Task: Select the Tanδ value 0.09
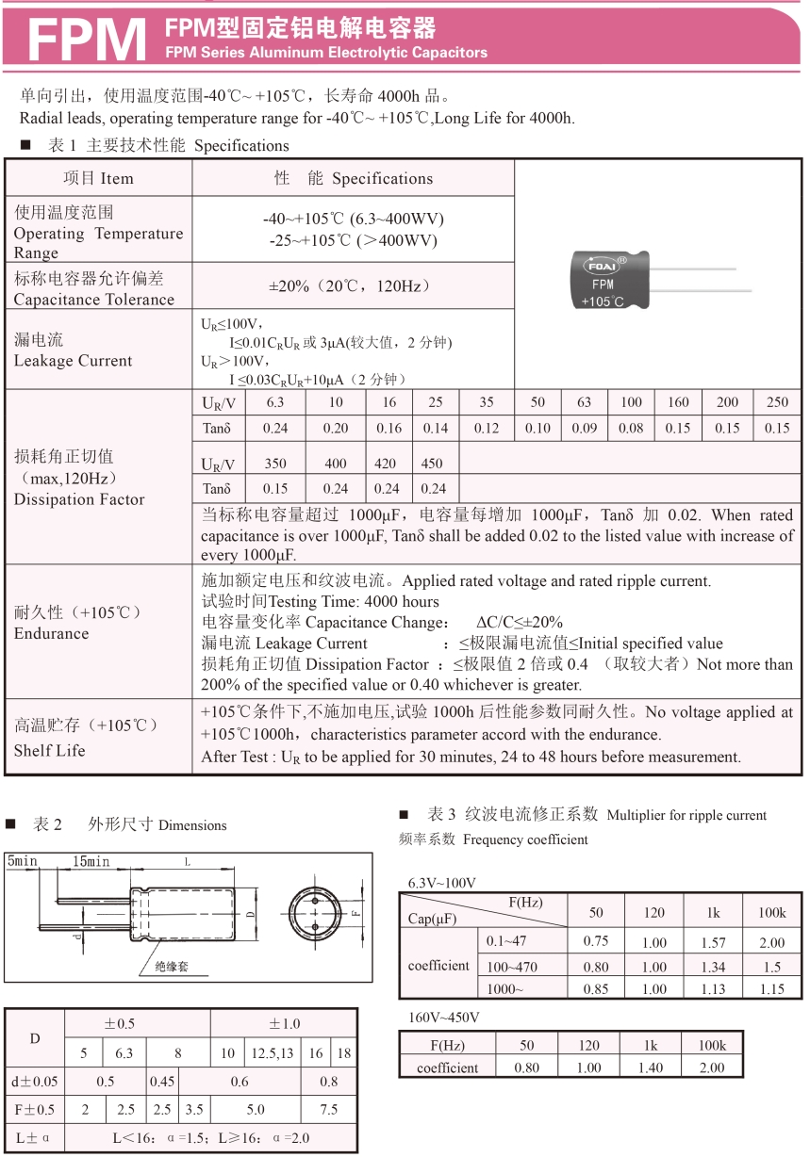584,428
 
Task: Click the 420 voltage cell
387,464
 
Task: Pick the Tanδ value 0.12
486,428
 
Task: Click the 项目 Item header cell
98,178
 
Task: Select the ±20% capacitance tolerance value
353,285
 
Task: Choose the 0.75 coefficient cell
596,941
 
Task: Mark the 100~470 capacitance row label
511,966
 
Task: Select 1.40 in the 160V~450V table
652,1067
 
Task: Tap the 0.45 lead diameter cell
162,1082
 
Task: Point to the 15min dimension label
91,861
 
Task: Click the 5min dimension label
23,861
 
